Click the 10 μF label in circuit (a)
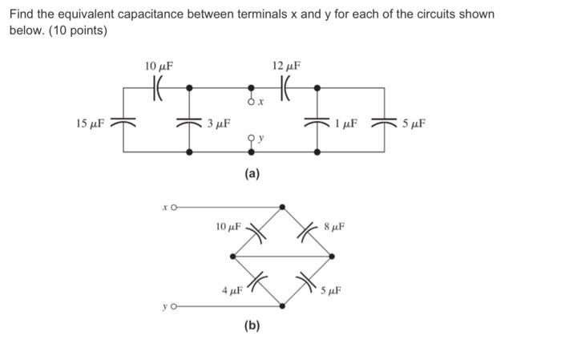pos(159,66)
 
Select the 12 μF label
pos(287,66)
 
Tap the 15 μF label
pos(90,123)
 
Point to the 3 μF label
pos(218,123)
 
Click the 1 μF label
pos(346,123)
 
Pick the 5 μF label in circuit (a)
pos(414,123)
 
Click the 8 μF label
pos(335,227)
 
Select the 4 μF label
pos(232,289)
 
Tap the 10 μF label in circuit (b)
pos(228,227)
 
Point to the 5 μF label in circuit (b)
pos(332,290)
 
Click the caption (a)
pos(252,173)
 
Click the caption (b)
pos(252,326)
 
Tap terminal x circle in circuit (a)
pos(252,103)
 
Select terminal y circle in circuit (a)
pos(252,137)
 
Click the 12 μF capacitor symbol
pos(286,87)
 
